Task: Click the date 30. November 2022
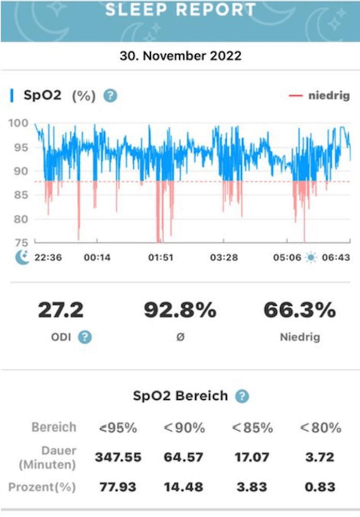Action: pos(180,56)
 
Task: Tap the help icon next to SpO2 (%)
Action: pos(111,96)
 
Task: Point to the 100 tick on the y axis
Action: pos(20,123)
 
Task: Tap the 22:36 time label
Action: pos(48,258)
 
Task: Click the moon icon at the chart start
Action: pos(22,257)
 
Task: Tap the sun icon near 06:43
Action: pos(310,258)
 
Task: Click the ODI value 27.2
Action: pos(60,310)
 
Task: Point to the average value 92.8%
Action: pos(180,310)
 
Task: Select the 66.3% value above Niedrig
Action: pos(300,310)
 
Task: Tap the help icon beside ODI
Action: pos(85,337)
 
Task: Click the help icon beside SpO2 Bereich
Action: pos(242,396)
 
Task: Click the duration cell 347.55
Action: pos(118,457)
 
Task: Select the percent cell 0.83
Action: pos(320,487)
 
